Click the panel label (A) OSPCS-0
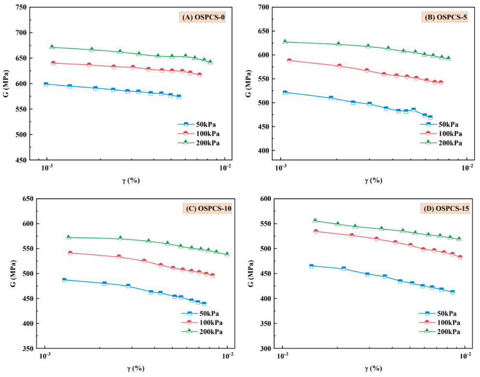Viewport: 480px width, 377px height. point(203,18)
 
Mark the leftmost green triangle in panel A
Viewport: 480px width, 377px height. point(52,47)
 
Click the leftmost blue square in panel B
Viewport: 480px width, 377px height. point(285,92)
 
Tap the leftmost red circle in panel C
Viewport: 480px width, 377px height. point(70,253)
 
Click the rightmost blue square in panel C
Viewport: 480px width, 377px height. point(204,304)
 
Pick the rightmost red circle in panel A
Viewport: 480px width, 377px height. point(199,74)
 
